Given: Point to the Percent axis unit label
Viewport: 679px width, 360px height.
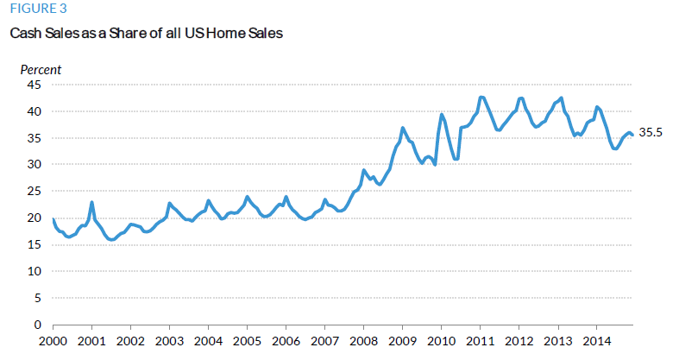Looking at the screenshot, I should pyautogui.click(x=41, y=69).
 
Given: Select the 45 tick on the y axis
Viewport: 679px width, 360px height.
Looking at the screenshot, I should pyautogui.click(x=35, y=85).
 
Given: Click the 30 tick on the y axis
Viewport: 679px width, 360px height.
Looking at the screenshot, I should pyautogui.click(x=35, y=165).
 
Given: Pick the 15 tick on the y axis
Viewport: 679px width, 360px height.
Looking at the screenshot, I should pyautogui.click(x=35, y=244).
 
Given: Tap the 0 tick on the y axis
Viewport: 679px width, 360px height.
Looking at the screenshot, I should pyautogui.click(x=38, y=325).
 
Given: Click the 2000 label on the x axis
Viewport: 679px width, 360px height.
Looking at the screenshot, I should pyautogui.click(x=53, y=341).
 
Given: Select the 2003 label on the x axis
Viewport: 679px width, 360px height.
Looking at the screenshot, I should pyautogui.click(x=169, y=341).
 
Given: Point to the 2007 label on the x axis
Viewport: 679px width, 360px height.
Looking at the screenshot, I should pyautogui.click(x=324, y=341).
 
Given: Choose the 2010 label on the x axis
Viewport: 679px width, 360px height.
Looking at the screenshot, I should pyautogui.click(x=441, y=341).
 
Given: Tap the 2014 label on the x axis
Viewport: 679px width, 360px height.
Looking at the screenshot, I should pyautogui.click(x=596, y=341).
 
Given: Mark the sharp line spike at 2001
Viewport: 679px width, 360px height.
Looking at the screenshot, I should pyautogui.click(x=91, y=203).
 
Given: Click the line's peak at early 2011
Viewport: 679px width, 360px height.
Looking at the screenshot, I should pyautogui.click(x=481, y=97).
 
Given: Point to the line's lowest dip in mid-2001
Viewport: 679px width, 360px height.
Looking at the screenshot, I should pyautogui.click(x=112, y=240).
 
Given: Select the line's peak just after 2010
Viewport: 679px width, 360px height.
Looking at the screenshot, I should pyautogui.click(x=442, y=114).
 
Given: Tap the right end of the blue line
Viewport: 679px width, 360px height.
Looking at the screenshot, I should pyautogui.click(x=632, y=135).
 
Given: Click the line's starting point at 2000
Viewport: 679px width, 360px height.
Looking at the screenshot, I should pyautogui.click(x=53, y=219).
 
